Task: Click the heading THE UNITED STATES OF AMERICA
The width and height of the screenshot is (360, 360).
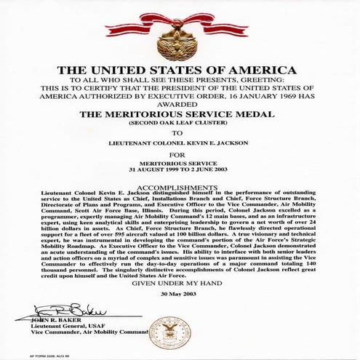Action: coord(179,70)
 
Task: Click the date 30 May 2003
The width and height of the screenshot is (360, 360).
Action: coord(179,316)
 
